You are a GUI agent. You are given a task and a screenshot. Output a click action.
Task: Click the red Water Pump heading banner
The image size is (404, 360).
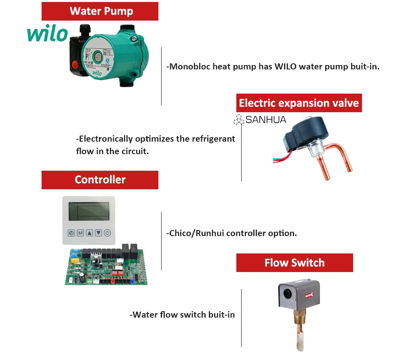click(100, 11)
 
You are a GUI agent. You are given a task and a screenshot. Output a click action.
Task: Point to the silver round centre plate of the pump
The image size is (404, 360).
click(98, 57)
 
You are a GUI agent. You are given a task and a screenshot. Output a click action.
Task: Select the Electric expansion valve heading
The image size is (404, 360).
click(299, 103)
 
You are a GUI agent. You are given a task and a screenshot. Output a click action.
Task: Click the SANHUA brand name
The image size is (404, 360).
click(265, 119)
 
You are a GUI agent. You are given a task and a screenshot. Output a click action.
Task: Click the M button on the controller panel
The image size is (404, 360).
click(80, 233)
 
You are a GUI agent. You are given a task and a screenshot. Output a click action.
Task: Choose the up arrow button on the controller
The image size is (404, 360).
click(89, 233)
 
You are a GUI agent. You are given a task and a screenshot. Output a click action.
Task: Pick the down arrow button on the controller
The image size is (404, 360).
click(98, 233)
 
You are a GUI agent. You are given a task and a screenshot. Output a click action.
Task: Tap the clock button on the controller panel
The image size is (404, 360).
click(71, 233)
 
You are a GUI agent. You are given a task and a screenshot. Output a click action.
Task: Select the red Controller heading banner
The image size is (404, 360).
click(100, 180)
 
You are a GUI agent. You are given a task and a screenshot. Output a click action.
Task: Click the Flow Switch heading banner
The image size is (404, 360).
click(294, 263)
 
